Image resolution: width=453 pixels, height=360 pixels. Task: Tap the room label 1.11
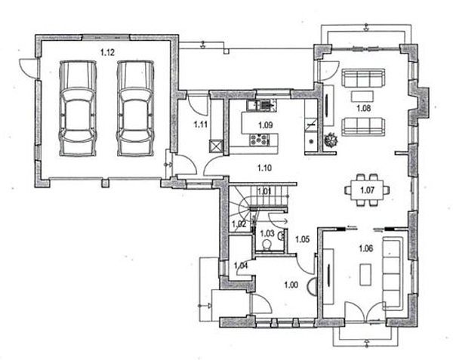click(200, 123)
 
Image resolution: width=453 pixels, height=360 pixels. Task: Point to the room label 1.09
click(264, 125)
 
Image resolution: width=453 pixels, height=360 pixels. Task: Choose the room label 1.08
click(364, 109)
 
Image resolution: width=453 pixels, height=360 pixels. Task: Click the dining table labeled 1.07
click(368, 189)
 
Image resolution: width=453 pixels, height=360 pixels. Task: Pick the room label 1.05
click(302, 239)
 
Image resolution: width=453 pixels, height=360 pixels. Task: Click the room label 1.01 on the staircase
click(263, 191)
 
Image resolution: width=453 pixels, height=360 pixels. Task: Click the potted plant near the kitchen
click(328, 140)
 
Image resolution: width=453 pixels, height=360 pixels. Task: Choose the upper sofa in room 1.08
click(364, 78)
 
